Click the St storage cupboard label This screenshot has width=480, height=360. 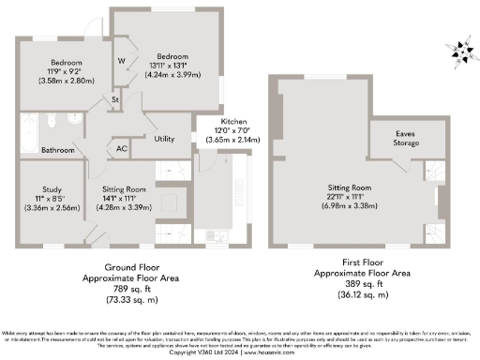115,97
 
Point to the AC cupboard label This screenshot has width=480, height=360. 121,147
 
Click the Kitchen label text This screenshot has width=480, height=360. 234,123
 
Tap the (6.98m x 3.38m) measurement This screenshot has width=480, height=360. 351,205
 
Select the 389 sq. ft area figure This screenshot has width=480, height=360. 361,283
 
